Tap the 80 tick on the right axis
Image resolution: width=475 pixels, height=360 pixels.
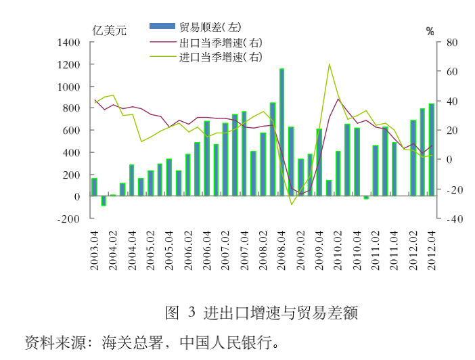tap(450, 43)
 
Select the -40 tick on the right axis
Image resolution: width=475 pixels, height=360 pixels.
tap(450, 219)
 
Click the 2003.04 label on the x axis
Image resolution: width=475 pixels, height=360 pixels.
tap(95, 249)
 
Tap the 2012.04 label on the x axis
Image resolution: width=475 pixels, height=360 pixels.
tap(431, 249)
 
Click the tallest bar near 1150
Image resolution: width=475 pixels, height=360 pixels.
tap(281, 132)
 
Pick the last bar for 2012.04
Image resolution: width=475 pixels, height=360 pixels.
tap(431, 150)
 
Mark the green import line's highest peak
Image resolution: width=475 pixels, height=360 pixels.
tap(329, 64)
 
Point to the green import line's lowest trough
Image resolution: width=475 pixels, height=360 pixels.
tap(292, 204)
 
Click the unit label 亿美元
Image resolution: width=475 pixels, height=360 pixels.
tap(110, 30)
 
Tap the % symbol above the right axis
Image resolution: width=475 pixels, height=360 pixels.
tap(430, 30)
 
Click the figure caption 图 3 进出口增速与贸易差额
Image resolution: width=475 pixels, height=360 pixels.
tap(261, 313)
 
